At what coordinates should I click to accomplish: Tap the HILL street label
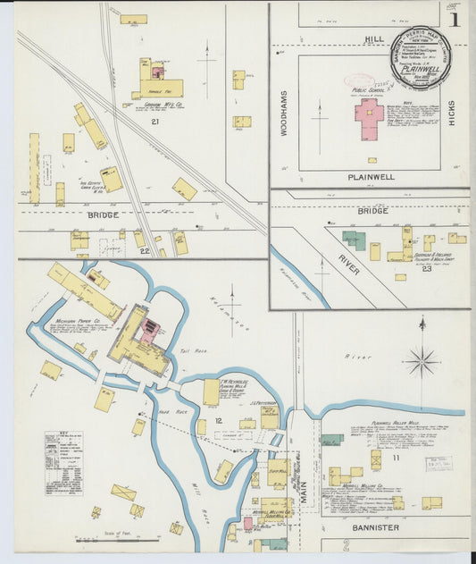tap(373, 39)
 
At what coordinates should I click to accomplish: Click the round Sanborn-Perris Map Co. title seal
tap(420, 57)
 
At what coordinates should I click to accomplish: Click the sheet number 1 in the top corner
tap(455, 19)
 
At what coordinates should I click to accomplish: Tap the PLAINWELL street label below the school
tap(372, 177)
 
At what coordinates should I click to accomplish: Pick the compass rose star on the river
tap(421, 361)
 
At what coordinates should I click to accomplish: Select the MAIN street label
tap(303, 492)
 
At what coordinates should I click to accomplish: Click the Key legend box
tap(63, 463)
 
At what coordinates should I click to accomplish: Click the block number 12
tap(218, 419)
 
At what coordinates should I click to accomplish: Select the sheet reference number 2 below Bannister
tap(346, 543)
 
